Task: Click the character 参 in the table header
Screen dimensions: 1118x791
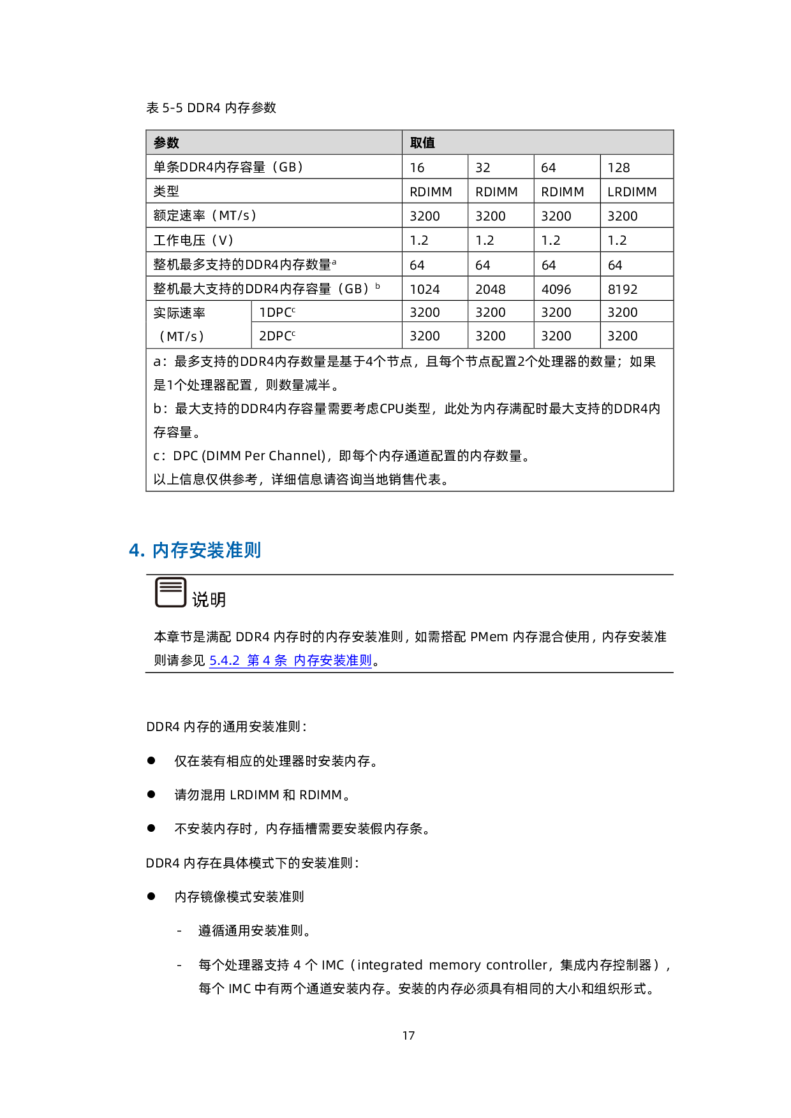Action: click(160, 143)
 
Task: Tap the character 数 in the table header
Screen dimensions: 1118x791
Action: click(173, 143)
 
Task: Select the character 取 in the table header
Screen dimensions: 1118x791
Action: click(416, 143)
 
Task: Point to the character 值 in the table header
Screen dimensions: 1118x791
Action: click(429, 143)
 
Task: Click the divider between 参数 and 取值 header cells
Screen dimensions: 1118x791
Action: click(402, 142)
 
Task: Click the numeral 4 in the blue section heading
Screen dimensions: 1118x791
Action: click(135, 550)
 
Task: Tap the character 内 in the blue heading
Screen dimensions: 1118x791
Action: click(161, 550)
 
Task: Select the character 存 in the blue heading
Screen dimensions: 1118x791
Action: click(179, 550)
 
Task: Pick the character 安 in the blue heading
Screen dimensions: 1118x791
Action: click(198, 550)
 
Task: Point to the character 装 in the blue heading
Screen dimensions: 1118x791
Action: click(216, 550)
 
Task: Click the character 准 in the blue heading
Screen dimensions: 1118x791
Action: click(235, 550)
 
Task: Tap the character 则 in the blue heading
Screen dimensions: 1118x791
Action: click(253, 550)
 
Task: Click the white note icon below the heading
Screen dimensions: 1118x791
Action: click(171, 593)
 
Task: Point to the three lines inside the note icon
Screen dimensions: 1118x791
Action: click(171, 586)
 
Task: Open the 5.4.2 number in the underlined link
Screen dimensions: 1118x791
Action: click(224, 660)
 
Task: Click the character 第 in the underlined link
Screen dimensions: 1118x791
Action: click(253, 660)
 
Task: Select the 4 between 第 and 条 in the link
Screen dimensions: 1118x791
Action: click(267, 660)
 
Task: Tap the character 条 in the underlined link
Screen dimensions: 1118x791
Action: click(281, 660)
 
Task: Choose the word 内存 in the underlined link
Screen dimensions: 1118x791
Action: click(306, 660)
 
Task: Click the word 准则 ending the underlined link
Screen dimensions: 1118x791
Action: click(359, 660)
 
